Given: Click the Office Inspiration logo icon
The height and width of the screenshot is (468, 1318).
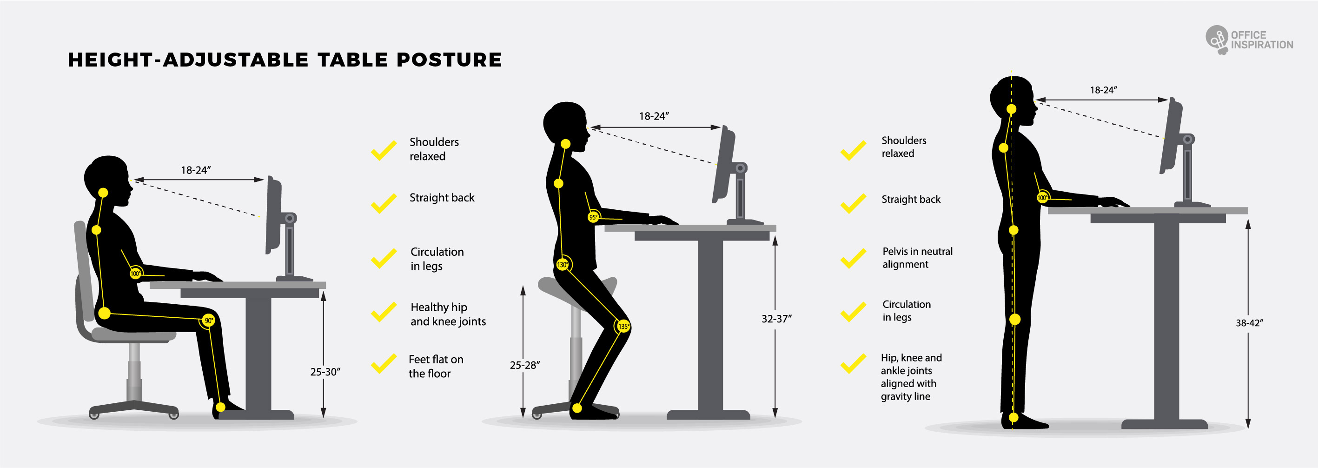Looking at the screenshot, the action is (1217, 39).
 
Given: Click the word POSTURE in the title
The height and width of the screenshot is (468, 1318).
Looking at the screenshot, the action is (449, 60).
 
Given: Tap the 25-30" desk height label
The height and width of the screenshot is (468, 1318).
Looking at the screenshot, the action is (325, 372).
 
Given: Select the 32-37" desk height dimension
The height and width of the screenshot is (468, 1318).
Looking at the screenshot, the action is (777, 319).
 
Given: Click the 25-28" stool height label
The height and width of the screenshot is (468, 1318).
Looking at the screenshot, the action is (525, 365).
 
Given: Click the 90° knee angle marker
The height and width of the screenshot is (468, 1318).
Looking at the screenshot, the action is (209, 321).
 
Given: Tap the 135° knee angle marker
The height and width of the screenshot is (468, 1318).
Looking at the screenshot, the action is (623, 326).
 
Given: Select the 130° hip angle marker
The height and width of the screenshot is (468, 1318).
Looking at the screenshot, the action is (563, 265).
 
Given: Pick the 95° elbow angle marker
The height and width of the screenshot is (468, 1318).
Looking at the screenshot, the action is (593, 217).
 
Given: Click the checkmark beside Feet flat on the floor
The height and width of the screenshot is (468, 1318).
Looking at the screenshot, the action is (384, 363).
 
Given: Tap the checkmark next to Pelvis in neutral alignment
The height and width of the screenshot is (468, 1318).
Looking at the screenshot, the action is (854, 259).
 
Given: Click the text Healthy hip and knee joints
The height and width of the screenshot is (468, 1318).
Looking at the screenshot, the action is (448, 314).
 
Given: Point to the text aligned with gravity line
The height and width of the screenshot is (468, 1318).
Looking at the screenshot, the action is (908, 390).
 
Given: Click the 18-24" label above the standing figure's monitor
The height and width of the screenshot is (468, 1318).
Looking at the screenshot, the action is (1103, 90).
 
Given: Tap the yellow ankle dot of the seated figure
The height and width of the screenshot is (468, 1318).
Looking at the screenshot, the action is (220, 408).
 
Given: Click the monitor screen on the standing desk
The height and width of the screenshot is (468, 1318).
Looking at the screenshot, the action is (1170, 136).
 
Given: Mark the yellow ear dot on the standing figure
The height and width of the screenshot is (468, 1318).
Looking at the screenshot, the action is (1012, 109).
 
